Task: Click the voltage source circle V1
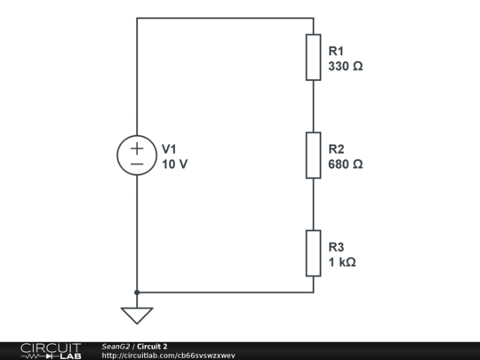[137, 136]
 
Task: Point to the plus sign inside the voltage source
[137, 148]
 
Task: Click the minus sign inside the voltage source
[137, 164]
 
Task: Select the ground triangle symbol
[137, 316]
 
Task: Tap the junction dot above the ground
[137, 292]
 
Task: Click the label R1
[336, 52]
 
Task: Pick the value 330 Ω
[346, 67]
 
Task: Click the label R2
[336, 149]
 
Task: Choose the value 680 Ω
[346, 164]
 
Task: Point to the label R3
[336, 247]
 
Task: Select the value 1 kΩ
[342, 262]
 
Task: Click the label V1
[169, 149]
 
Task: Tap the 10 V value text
[174, 164]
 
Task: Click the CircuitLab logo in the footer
[51, 351]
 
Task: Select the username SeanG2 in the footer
[116, 347]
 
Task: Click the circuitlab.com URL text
[168, 356]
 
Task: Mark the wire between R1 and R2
[314, 107]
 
